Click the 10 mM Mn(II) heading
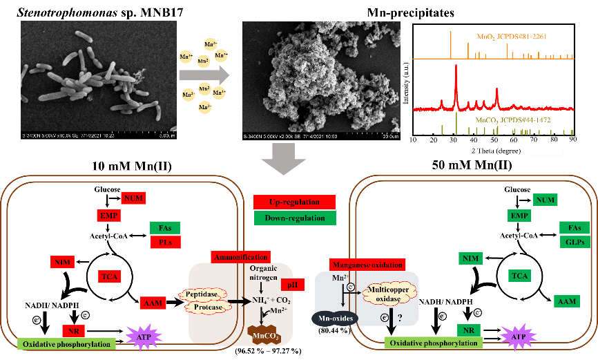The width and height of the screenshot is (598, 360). [x=135, y=167]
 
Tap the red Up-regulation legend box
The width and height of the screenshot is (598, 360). [x=294, y=202]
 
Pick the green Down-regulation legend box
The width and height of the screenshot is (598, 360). [x=294, y=218]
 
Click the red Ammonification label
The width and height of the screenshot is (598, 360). [x=240, y=257]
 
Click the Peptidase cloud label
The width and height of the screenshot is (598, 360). [x=205, y=294]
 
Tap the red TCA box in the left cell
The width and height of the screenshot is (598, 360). [x=109, y=276]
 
